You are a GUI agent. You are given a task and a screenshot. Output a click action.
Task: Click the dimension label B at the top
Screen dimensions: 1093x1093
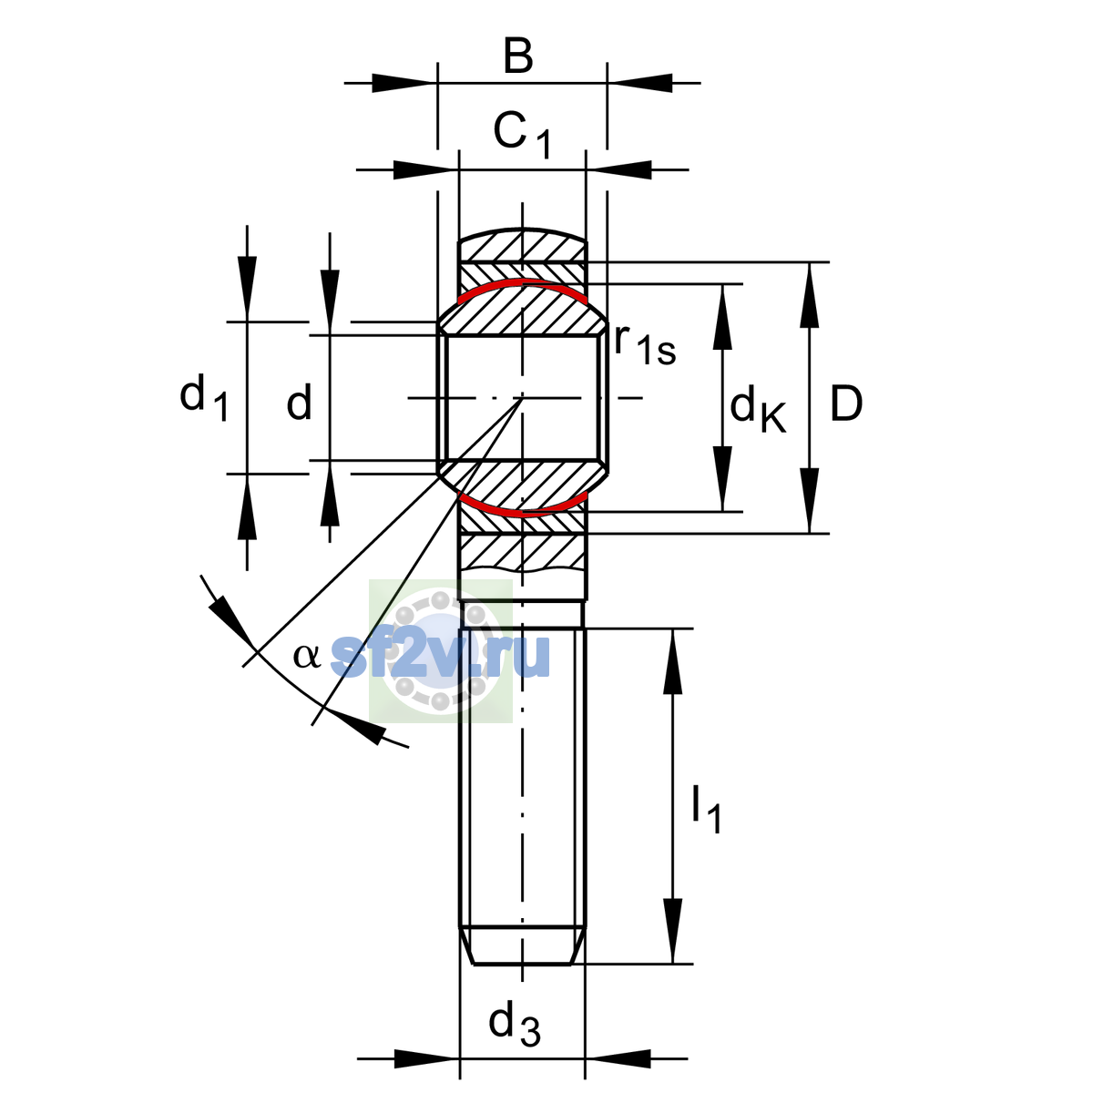518,56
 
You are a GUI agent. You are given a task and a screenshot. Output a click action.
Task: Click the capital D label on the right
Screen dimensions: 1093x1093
845,403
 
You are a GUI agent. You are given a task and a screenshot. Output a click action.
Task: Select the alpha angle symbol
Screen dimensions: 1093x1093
306,656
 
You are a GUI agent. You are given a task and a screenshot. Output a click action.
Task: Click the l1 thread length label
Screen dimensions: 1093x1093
707,810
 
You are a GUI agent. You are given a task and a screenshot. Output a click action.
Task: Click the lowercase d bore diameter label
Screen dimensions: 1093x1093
299,401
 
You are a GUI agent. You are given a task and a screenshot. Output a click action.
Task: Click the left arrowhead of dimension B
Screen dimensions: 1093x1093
404,83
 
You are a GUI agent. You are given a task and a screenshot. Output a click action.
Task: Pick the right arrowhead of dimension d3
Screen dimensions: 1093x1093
618,1059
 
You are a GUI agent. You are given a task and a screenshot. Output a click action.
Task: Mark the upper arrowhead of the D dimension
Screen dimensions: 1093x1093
810,295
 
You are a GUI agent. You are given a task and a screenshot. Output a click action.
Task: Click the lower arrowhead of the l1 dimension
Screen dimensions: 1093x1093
673,932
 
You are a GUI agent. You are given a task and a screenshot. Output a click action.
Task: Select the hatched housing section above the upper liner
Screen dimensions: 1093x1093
522,245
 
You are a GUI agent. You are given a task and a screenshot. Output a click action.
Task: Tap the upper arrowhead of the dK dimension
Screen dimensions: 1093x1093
722,316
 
